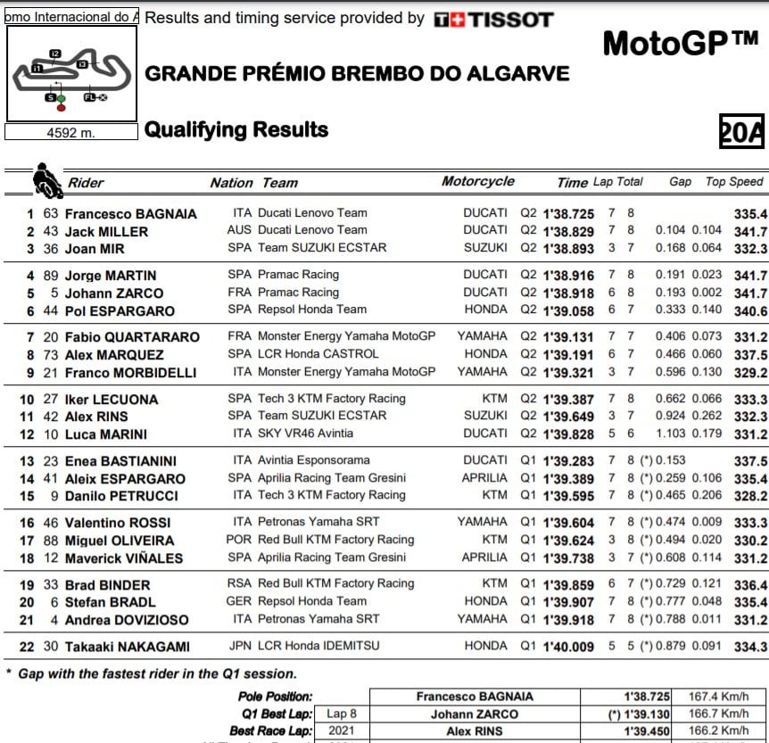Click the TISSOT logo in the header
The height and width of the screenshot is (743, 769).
[493, 19]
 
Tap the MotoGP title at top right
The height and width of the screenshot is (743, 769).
[680, 43]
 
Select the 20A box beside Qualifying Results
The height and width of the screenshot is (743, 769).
[742, 132]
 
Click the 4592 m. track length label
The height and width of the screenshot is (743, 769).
[70, 132]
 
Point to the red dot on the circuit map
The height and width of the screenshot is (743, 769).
[62, 108]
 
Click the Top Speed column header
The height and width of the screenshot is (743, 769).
[734, 181]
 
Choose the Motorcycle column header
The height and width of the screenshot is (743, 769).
[477, 181]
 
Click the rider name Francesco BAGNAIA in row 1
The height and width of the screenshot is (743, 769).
[130, 214]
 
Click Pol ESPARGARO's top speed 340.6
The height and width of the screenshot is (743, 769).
[750, 310]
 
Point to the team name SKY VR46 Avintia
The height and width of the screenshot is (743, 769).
[305, 433]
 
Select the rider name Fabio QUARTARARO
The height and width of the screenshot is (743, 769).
[132, 337]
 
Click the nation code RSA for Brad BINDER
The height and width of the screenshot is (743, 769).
[240, 584]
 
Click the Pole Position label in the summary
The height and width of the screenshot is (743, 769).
[276, 697]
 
